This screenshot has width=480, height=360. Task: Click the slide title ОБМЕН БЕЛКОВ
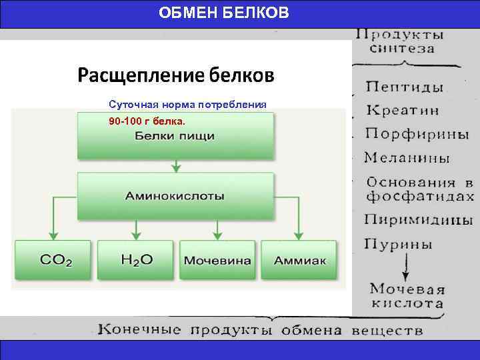pos(224,13)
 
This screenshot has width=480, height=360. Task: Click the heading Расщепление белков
pos(175,74)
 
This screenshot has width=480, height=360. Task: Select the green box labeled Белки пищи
pos(175,136)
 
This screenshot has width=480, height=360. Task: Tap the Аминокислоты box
pos(175,197)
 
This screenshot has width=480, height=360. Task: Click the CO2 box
pos(55,260)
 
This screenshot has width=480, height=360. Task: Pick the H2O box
pos(135,260)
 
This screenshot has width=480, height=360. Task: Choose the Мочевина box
pos(218,260)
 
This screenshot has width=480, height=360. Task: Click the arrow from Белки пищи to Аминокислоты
pos(175,165)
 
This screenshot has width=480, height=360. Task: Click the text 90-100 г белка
pos(147,122)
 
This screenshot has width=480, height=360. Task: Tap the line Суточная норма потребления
pos(187,105)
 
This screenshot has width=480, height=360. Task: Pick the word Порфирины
pos(417,133)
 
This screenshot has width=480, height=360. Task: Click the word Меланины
pos(407,158)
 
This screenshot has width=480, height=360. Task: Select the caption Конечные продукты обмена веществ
pos(260,330)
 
